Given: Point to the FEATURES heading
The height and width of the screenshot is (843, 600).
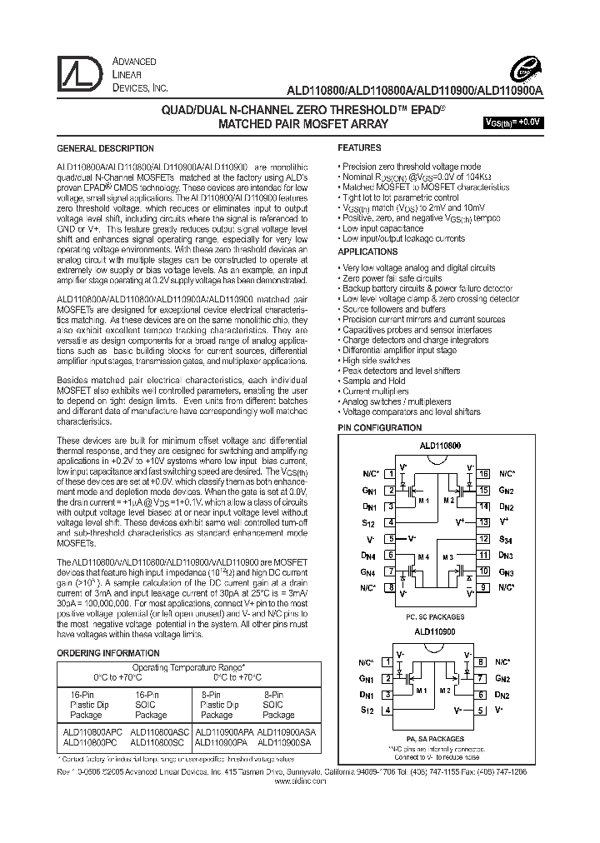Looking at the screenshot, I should point(359,147).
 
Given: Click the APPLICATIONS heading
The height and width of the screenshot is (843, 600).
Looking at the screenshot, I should point(367,252).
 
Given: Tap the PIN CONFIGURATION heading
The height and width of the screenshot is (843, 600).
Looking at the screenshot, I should point(379,427).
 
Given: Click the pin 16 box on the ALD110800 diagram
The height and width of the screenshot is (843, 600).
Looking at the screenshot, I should point(483,473).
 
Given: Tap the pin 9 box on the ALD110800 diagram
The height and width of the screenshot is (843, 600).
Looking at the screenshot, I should point(483,587).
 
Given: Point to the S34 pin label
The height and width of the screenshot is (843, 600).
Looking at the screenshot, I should point(506,538).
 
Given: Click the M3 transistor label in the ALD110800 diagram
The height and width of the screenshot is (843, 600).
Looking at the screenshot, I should point(451,556).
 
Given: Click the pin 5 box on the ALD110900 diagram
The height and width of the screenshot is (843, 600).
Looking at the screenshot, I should point(480,710).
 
